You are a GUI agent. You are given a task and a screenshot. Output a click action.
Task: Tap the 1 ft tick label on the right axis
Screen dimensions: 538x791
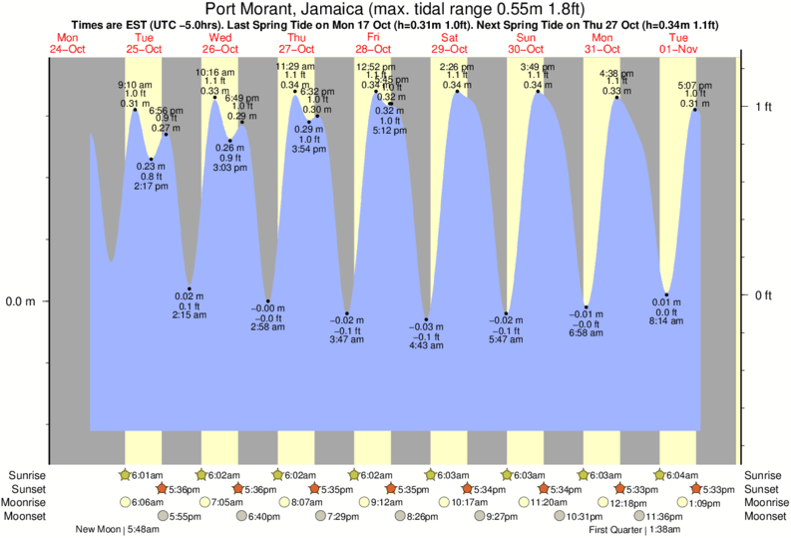[764, 106]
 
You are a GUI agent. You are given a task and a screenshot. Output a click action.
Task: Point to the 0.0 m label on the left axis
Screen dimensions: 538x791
[20, 300]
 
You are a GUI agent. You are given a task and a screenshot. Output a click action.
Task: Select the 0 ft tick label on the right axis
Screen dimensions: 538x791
[764, 294]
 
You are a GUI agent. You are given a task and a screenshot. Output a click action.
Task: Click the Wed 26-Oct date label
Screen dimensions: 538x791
[220, 42]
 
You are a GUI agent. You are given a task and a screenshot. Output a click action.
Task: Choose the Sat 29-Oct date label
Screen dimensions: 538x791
[448, 42]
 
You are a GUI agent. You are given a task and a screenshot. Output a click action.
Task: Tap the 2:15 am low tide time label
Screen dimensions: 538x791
[190, 315]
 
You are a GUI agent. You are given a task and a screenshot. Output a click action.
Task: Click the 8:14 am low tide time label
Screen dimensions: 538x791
[666, 323]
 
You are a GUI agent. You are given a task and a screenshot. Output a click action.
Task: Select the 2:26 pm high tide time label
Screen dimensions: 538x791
[456, 67]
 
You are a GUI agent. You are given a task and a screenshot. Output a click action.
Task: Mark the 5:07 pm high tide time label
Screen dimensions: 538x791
[694, 85]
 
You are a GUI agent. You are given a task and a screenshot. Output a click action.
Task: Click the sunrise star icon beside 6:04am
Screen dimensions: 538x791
[658, 475]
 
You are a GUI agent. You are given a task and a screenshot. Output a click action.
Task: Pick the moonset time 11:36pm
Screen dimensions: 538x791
[664, 516]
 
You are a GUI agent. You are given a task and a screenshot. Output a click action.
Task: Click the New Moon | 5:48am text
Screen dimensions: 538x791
[118, 529]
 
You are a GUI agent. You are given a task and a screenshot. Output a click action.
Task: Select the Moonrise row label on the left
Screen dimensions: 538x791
[30, 502]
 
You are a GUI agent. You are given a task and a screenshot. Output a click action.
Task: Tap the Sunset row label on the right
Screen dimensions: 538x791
[763, 489]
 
